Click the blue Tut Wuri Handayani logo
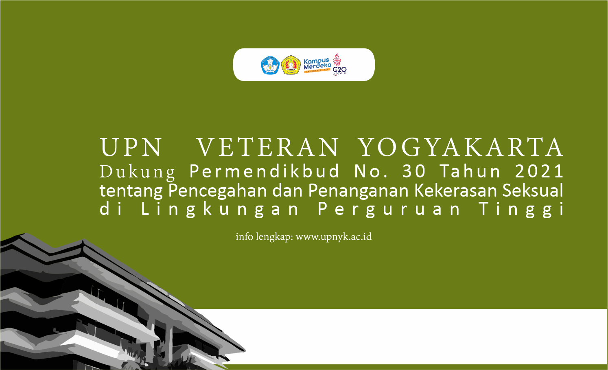[269, 65]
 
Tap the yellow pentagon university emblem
[291, 65]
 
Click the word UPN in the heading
[131, 147]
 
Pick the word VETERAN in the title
[268, 147]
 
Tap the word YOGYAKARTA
[461, 147]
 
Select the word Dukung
[138, 172]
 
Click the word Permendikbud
[265, 171]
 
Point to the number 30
[414, 171]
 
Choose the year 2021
[539, 171]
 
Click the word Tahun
[470, 171]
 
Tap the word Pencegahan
[217, 190]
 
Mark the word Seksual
[533, 190]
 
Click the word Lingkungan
[220, 210]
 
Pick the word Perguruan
[389, 210]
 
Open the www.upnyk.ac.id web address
[334, 236]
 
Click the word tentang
[131, 190]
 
